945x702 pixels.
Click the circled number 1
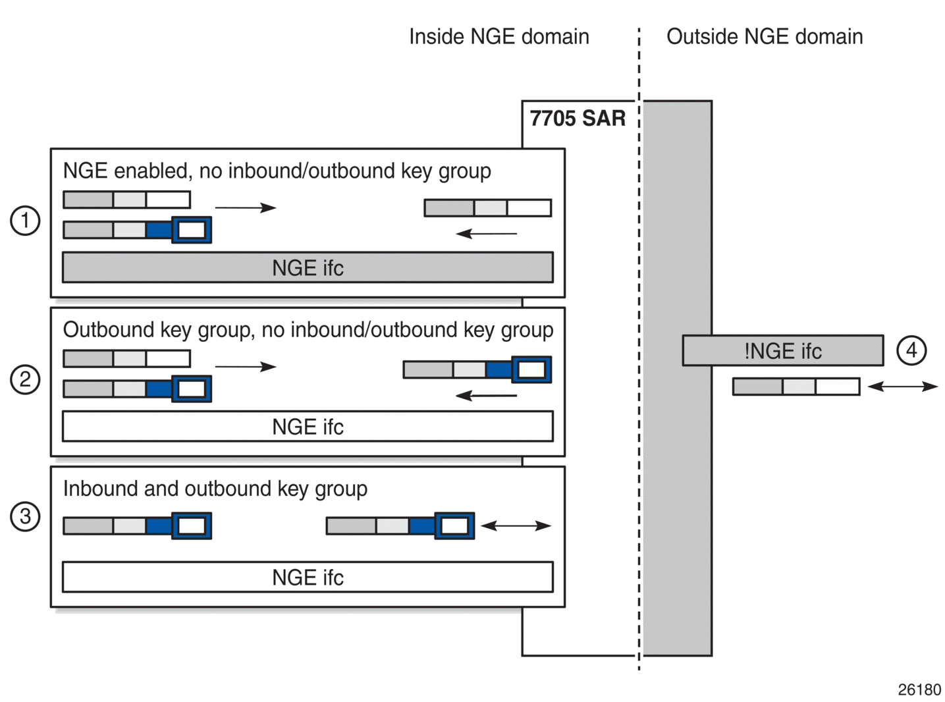click(25, 221)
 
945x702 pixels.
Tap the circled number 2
click(25, 379)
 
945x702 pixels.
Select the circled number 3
click(25, 516)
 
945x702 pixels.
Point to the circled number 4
click(911, 350)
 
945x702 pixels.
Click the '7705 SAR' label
click(578, 118)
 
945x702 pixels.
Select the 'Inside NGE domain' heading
click(499, 37)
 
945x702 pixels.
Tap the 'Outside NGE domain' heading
click(765, 37)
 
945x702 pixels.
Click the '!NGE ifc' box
click(783, 350)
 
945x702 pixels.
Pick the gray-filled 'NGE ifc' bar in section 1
click(308, 267)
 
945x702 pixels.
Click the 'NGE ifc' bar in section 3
click(308, 577)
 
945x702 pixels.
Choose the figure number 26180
click(919, 689)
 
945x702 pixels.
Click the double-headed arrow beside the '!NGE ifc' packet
click(903, 387)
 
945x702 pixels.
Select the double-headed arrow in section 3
click(516, 526)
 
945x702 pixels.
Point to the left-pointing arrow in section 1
click(486, 234)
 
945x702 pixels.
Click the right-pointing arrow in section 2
click(246, 367)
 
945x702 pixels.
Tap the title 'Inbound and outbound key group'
click(215, 489)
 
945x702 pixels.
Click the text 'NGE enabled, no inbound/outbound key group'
click(277, 171)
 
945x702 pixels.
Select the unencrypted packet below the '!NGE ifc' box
click(796, 387)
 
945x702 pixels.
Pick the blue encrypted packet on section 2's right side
click(477, 369)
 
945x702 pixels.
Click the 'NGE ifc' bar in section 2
click(308, 426)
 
